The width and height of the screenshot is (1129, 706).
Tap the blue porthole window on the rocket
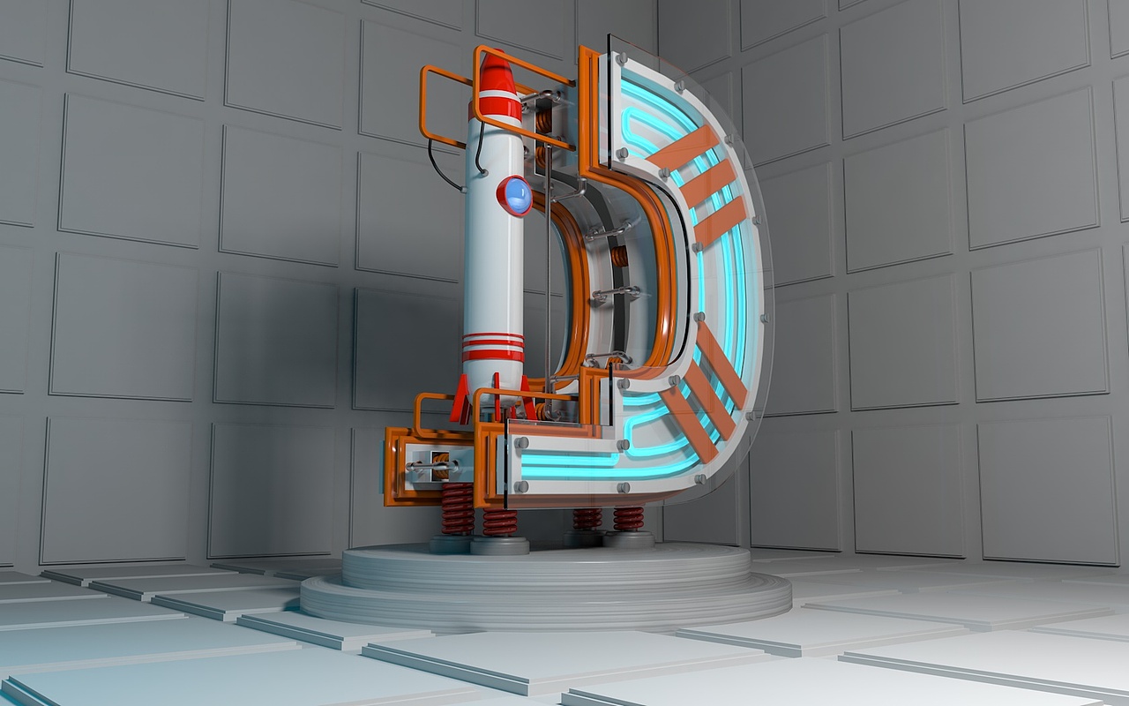tap(515, 196)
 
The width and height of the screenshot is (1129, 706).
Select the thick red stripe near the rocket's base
tap(493, 356)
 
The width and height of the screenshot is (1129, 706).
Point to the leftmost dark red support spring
tap(458, 508)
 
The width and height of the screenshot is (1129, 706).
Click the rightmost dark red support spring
tap(628, 519)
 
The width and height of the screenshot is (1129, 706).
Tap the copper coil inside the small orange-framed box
tap(440, 466)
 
